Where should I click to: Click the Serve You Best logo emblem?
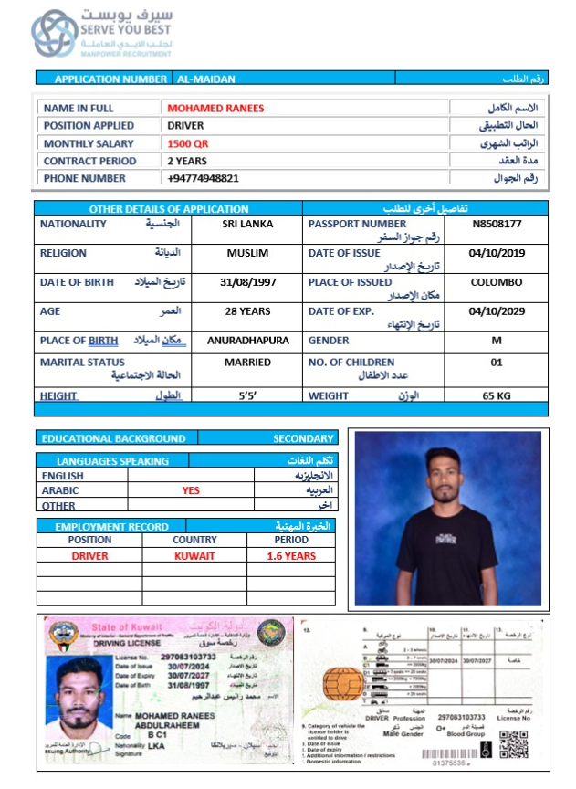(x=55, y=34)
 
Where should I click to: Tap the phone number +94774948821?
(x=203, y=178)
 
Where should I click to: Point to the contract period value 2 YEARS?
(x=187, y=161)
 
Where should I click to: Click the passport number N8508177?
(x=497, y=224)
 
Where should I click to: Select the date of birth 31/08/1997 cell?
(x=247, y=282)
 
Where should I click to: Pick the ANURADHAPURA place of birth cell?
(x=247, y=341)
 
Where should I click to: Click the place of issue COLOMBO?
(x=497, y=282)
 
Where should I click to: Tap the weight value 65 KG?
(x=497, y=395)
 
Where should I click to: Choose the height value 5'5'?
(x=247, y=395)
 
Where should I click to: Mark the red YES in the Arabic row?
(x=191, y=490)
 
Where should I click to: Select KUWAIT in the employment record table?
(x=194, y=555)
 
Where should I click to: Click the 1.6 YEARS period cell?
(x=291, y=555)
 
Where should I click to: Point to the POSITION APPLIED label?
(x=89, y=126)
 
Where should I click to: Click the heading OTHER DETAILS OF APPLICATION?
(x=169, y=209)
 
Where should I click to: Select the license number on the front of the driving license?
(x=189, y=657)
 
